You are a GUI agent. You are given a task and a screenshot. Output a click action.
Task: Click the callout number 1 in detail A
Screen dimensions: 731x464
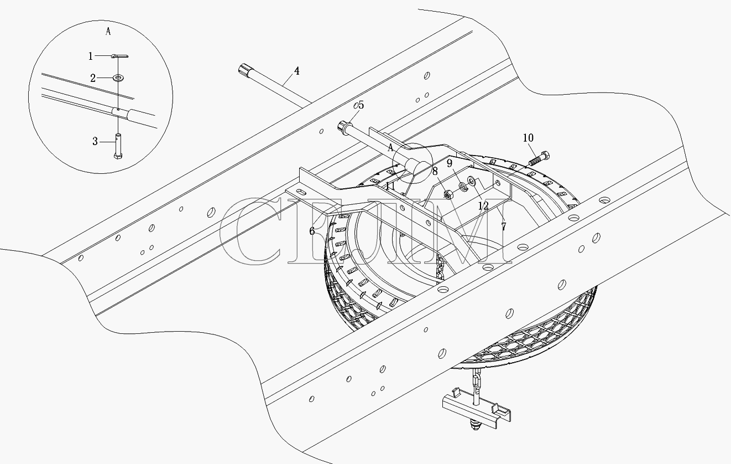click(90, 56)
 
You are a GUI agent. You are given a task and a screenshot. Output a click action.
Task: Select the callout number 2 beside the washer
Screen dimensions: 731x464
click(93, 79)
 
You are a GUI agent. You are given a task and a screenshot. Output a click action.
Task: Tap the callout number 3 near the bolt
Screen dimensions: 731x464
click(95, 142)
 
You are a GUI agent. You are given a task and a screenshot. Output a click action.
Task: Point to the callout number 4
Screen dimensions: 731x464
click(296, 71)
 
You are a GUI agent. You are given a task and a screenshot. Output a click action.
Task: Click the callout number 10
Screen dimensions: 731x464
click(528, 138)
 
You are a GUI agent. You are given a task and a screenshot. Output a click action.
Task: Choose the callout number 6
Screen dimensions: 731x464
click(312, 231)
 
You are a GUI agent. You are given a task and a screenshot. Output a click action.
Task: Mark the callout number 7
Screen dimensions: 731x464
click(504, 226)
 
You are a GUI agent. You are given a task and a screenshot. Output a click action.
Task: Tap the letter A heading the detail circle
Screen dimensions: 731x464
click(108, 32)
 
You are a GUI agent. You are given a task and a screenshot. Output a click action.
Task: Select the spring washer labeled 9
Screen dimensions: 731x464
click(463, 186)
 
